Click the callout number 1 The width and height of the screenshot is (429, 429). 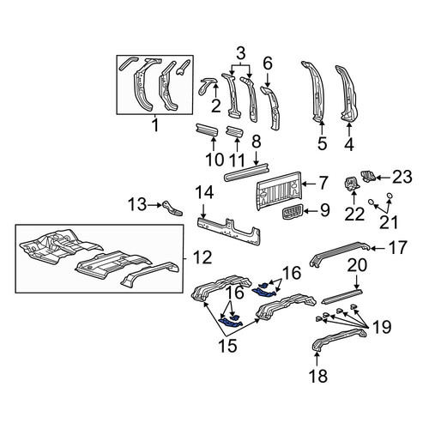click(x=155, y=125)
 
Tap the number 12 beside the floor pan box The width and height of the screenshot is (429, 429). click(x=202, y=257)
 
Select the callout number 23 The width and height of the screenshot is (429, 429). click(x=402, y=177)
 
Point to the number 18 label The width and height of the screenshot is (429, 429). click(x=318, y=376)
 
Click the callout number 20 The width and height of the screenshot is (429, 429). click(x=357, y=265)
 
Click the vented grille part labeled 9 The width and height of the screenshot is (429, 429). click(x=291, y=213)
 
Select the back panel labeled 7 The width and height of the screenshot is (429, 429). click(x=279, y=190)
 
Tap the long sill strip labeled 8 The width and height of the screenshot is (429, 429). click(x=247, y=172)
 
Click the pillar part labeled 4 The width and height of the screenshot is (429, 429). click(x=347, y=94)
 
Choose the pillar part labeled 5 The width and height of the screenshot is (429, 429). click(x=314, y=91)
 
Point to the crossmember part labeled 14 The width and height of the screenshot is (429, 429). click(x=229, y=231)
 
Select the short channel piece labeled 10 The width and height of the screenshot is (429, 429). click(x=207, y=130)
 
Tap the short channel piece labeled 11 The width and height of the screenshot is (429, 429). click(x=235, y=132)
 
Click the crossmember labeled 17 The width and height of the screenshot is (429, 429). click(x=340, y=253)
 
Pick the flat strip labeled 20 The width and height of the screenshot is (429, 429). click(x=342, y=296)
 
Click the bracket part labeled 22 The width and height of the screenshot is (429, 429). click(x=351, y=184)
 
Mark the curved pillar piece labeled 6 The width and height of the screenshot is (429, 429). click(x=271, y=108)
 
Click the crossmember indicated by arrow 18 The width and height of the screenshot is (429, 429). click(x=339, y=340)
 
